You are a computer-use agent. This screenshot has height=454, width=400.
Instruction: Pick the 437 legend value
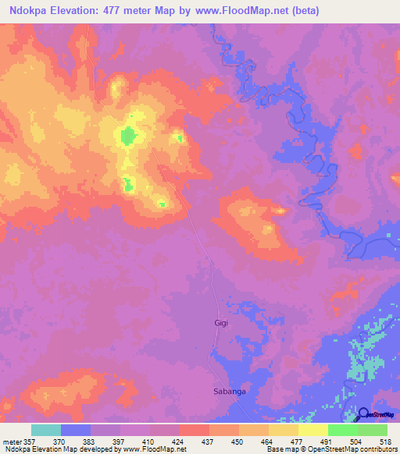pos(208,441)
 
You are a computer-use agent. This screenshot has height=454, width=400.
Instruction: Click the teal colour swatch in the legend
pos(46,430)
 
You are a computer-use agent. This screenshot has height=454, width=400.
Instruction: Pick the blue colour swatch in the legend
pos(76,430)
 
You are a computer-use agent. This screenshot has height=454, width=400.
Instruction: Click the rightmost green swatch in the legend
pos(372,430)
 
